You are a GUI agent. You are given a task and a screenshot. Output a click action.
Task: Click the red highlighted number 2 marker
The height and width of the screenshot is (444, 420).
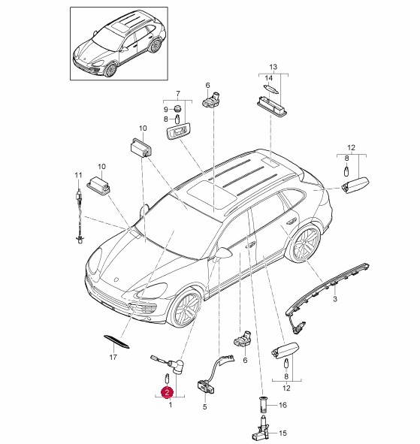[167, 392]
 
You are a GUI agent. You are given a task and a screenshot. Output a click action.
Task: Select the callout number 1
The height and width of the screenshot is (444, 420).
[171, 405]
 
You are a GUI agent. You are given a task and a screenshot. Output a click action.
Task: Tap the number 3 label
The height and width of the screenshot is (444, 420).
[335, 299]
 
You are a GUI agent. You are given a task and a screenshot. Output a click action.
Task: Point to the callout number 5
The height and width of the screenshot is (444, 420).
[205, 406]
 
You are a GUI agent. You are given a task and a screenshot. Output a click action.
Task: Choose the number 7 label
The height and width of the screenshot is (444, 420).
[178, 94]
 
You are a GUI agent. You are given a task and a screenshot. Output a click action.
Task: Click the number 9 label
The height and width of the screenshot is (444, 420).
[166, 109]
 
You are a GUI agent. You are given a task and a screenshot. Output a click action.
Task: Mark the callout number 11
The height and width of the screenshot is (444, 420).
[78, 175]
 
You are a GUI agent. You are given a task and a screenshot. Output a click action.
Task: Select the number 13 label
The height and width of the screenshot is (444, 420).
[273, 67]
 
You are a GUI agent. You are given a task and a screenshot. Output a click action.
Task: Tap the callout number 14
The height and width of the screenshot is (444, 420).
[269, 78]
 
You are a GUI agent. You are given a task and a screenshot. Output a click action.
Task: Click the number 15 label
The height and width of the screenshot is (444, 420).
[283, 433]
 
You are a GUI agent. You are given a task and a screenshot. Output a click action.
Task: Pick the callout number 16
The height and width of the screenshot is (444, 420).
[283, 405]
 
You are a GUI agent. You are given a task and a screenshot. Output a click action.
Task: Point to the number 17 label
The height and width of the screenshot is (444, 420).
[113, 358]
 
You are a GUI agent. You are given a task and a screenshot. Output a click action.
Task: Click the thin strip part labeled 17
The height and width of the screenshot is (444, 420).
[116, 341]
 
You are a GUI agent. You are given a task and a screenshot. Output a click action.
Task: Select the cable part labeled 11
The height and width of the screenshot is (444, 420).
[80, 216]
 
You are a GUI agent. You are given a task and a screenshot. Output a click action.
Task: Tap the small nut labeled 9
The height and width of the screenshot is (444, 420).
[177, 108]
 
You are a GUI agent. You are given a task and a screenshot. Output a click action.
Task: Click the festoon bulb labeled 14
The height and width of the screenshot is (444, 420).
[271, 89]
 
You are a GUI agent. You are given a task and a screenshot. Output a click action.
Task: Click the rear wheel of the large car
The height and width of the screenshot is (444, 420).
[304, 243]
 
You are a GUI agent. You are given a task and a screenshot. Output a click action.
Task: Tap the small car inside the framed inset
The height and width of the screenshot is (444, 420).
[119, 44]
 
